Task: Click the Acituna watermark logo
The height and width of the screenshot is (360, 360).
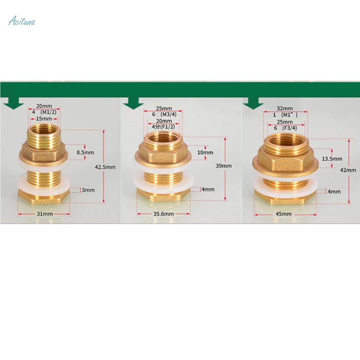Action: coord(21,22)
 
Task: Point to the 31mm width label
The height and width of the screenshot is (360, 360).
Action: coord(44,214)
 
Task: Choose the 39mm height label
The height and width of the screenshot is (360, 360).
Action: coord(224,166)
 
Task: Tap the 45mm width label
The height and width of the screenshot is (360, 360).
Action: coord(284,214)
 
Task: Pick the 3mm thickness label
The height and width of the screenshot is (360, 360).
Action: coord(89,190)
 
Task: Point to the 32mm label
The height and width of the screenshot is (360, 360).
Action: coord(285,108)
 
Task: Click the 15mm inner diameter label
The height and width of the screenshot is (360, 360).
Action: coord(44,118)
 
